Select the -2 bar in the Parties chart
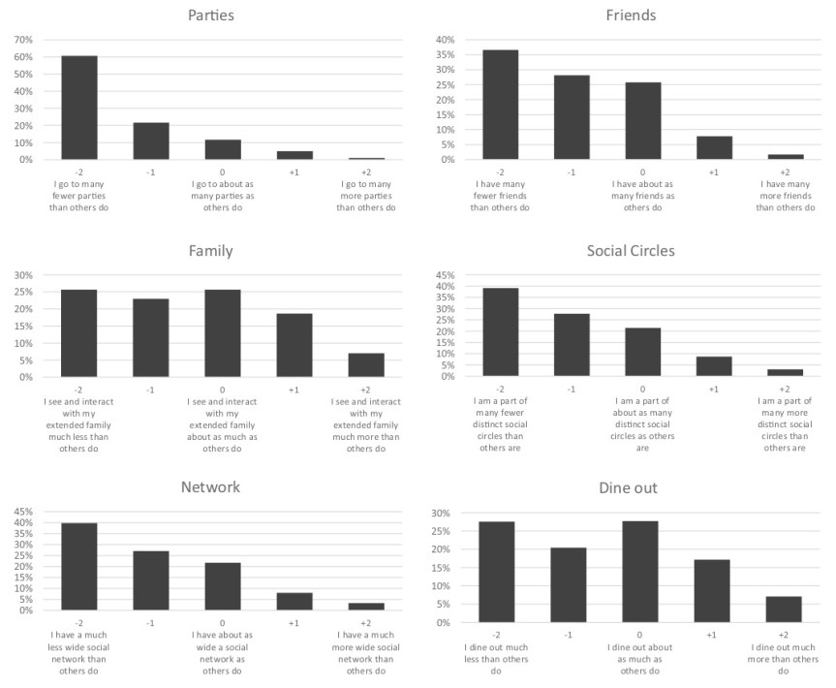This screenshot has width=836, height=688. point(79,108)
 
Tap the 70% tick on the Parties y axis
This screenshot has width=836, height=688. point(22,40)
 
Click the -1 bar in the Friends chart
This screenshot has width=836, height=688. point(572,117)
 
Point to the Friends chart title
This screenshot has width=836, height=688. point(631,16)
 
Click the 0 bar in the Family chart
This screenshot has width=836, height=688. point(223,333)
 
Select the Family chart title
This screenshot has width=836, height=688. point(210,251)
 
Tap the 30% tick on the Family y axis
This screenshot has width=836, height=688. point(22,275)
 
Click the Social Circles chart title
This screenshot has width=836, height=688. point(631,251)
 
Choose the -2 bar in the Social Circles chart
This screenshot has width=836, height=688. point(501,332)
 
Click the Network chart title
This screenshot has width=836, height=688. point(210,486)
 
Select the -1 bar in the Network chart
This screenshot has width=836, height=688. point(151,580)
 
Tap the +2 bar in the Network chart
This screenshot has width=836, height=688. point(366,607)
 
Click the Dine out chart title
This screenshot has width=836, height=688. point(631,487)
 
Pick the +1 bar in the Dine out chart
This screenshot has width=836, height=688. point(712,591)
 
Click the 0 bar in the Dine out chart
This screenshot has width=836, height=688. point(640,572)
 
